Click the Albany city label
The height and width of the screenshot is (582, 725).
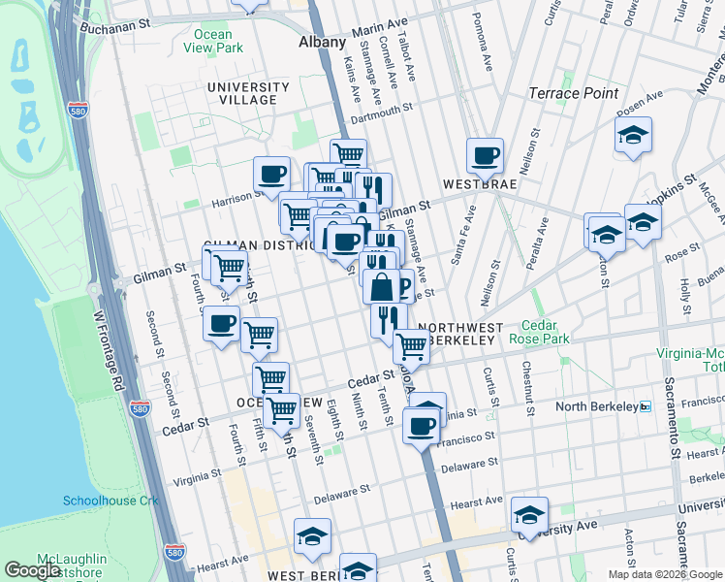[322, 43]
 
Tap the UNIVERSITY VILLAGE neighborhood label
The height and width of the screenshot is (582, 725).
[248, 94]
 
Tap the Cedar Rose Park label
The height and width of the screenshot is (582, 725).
[546, 333]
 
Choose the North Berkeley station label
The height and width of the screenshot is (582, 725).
[596, 406]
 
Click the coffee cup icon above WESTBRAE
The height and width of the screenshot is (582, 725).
[485, 154]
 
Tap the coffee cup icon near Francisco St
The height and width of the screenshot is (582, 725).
[421, 425]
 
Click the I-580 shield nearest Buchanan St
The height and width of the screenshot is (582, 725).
[79, 111]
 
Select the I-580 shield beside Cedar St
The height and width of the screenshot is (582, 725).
[141, 409]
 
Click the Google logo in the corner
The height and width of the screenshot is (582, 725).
[32, 570]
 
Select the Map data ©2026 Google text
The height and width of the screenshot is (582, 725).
[664, 574]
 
